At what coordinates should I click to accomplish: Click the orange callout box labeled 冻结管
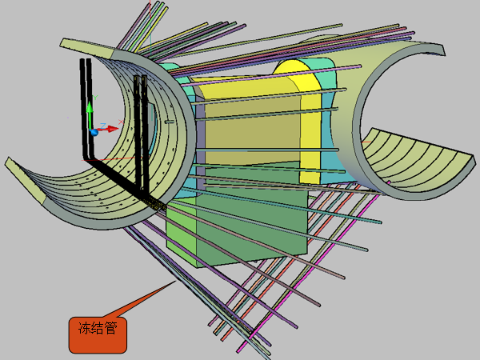[x=98, y=335]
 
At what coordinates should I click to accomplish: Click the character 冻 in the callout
[x=85, y=329]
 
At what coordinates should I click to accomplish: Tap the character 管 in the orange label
[x=111, y=329]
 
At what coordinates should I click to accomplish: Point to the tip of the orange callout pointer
[x=175, y=282]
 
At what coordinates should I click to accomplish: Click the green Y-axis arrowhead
[x=90, y=108]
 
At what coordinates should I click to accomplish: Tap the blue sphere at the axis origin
[x=94, y=132]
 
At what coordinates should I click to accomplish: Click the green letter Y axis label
[x=95, y=98]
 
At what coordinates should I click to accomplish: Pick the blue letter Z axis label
[x=103, y=126]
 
